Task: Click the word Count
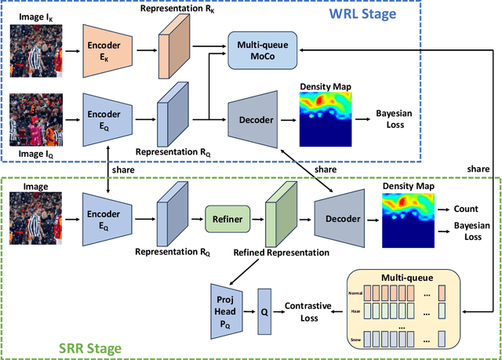467,210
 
